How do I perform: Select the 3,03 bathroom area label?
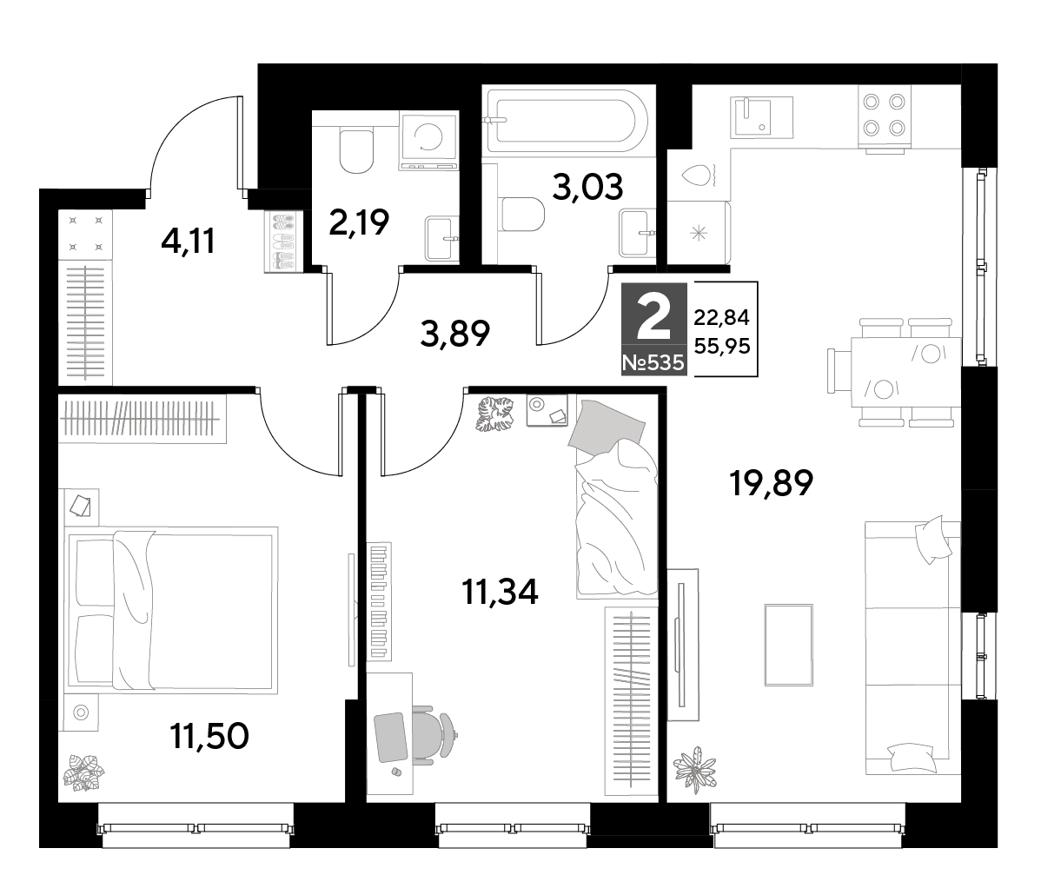(x=587, y=187)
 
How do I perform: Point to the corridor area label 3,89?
(x=454, y=334)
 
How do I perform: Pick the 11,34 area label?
(x=500, y=591)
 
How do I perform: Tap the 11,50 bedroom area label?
(x=209, y=735)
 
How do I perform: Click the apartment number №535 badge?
(x=653, y=363)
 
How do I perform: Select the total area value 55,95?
(x=722, y=345)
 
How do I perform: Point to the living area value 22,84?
(x=722, y=317)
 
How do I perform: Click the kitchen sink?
(x=761, y=116)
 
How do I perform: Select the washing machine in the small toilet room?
(x=429, y=139)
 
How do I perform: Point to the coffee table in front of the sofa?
(x=789, y=645)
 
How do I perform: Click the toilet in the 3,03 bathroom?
(x=523, y=215)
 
